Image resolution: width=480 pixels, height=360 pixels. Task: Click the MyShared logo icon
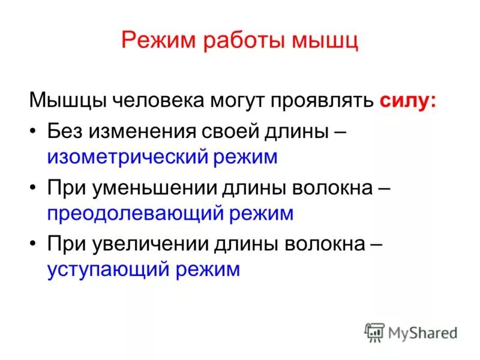pos(375,332)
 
